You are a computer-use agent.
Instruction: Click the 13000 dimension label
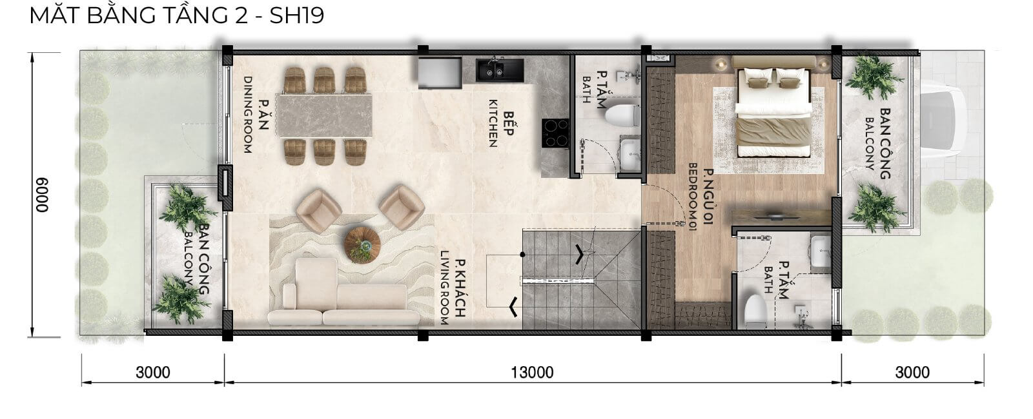tap(532, 373)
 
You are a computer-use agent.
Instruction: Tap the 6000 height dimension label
tap(42, 195)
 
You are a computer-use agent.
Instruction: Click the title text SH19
tap(296, 15)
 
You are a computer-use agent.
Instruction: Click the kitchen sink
tap(500, 70)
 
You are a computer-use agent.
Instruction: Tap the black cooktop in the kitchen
tap(555, 133)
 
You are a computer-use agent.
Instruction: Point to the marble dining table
tap(324, 115)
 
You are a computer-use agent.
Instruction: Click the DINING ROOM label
tap(248, 115)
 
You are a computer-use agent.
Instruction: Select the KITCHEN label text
tap(493, 123)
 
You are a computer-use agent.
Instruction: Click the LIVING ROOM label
tap(444, 287)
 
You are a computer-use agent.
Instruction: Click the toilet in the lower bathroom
tap(755, 311)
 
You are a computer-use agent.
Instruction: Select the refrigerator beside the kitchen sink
tap(440, 73)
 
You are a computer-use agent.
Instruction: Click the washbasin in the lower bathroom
tap(819, 251)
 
